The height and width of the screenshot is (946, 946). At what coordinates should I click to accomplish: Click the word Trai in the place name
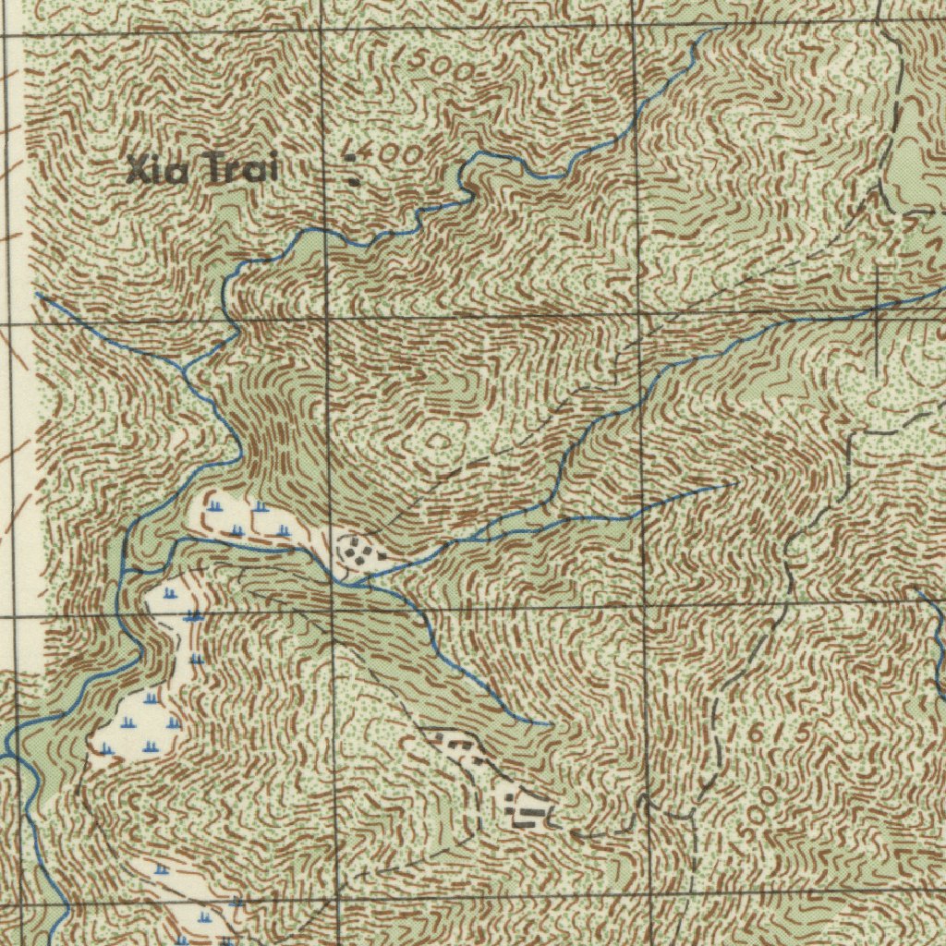coord(238,170)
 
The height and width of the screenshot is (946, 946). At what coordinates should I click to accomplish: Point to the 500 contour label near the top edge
coord(442,67)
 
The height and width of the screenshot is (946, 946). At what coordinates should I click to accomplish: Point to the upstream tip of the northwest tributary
coord(39,296)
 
